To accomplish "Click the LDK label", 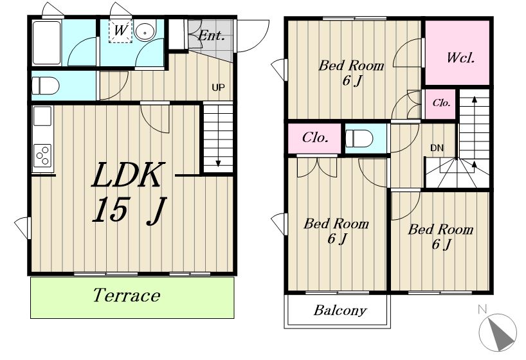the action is point(128,175).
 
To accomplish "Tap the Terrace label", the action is point(127,295).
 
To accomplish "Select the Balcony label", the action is point(340,310).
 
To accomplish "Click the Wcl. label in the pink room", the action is point(460,58).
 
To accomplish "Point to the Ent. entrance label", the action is point(211,35).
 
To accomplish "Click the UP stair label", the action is point(218,87).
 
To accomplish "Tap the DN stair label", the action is point(437,148).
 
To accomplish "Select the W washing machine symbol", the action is point(120,30).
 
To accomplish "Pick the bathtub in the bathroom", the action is point(47,42).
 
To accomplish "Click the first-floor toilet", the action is point(45,85).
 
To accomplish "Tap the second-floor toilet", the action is point(359,139).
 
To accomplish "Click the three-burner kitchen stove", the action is point(42,156).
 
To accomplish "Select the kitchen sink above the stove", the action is point(42,116).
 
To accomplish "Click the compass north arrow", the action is point(500,333).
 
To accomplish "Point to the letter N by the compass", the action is point(482,309).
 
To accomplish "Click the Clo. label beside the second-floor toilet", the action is point(315,137).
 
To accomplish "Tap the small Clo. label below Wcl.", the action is point(441,103).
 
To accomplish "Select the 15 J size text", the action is point(129,210).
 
